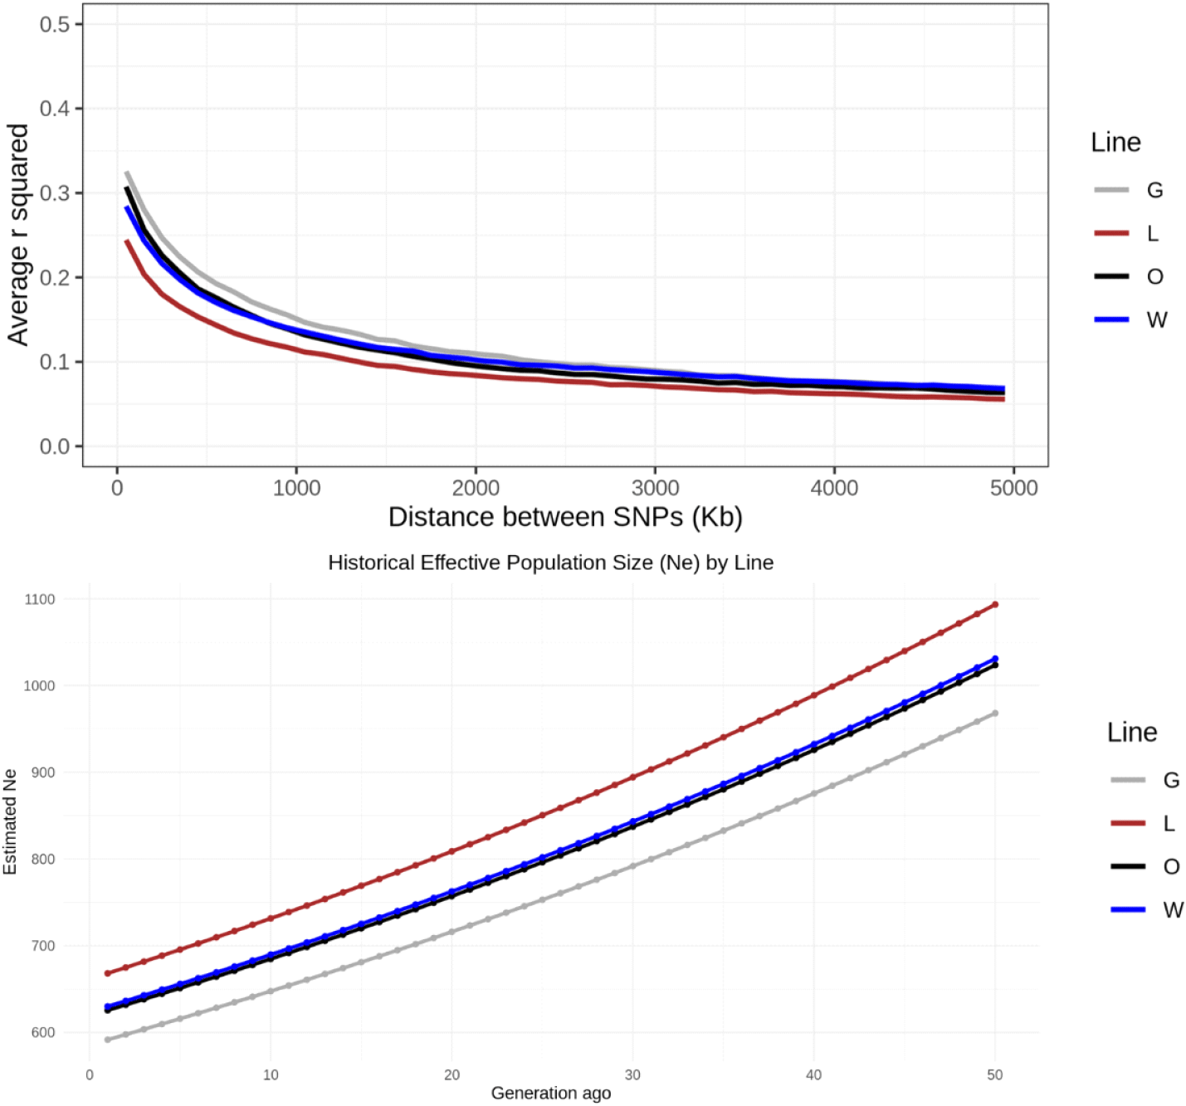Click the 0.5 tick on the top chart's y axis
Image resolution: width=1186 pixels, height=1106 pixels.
(x=55, y=24)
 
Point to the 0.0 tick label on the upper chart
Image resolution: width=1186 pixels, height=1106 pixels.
(x=55, y=446)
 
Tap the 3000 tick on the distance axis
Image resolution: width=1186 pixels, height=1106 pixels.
(x=655, y=488)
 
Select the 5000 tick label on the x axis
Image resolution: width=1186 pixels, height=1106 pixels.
(x=1013, y=488)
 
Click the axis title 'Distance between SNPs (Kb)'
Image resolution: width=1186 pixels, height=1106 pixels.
(x=565, y=517)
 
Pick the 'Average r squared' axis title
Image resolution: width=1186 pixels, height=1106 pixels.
(x=18, y=235)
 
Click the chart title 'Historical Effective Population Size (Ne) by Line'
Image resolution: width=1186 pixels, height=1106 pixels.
(x=550, y=563)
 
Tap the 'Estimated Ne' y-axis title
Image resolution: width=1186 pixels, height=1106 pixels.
(x=10, y=822)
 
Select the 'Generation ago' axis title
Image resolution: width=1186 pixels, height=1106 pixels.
(x=550, y=1094)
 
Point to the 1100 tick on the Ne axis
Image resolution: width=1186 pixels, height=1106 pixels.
(x=40, y=599)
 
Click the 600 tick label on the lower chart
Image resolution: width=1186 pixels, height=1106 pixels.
(x=42, y=1033)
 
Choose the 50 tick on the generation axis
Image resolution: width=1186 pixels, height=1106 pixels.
(x=994, y=1075)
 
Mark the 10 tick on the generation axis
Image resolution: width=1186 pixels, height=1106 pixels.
(x=271, y=1075)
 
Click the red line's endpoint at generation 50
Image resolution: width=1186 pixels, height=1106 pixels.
(x=995, y=604)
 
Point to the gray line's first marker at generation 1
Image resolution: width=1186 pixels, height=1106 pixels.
(x=108, y=1040)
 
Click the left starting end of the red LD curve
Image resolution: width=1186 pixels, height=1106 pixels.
(x=127, y=241)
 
